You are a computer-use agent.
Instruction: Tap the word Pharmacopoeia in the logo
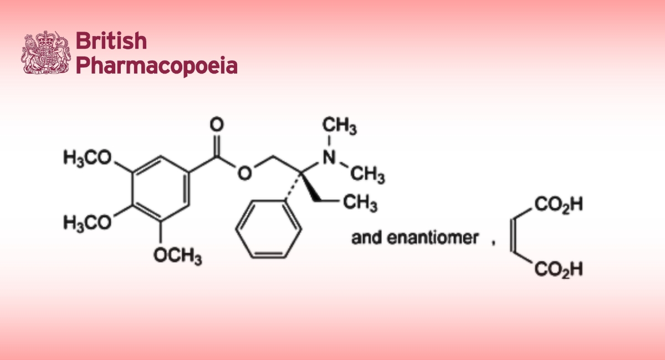[157, 65]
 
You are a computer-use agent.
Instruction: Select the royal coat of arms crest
[46, 52]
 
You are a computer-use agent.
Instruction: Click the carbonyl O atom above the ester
[217, 125]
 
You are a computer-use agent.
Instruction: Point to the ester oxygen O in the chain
[245, 173]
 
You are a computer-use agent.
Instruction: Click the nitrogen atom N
[329, 157]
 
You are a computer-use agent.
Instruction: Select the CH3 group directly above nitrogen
[340, 126]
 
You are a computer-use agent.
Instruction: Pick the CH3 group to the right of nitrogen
[368, 174]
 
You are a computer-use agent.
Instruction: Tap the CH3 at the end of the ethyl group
[360, 203]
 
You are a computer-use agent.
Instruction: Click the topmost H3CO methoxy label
[88, 158]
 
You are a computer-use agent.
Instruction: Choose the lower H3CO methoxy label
[88, 223]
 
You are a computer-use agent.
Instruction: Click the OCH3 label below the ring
[178, 255]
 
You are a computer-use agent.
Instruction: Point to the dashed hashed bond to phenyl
[293, 187]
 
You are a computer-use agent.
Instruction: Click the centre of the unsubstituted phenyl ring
[269, 229]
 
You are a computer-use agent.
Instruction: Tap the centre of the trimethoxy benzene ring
[161, 189]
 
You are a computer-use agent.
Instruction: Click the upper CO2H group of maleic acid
[559, 205]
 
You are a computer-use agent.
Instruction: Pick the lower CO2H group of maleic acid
[559, 270]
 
